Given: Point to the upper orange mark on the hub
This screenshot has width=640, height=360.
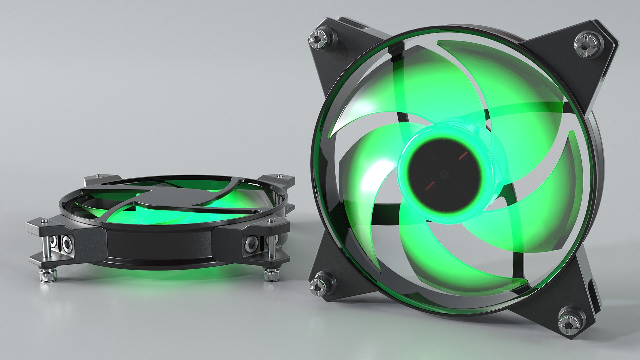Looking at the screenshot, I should click(463, 155).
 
